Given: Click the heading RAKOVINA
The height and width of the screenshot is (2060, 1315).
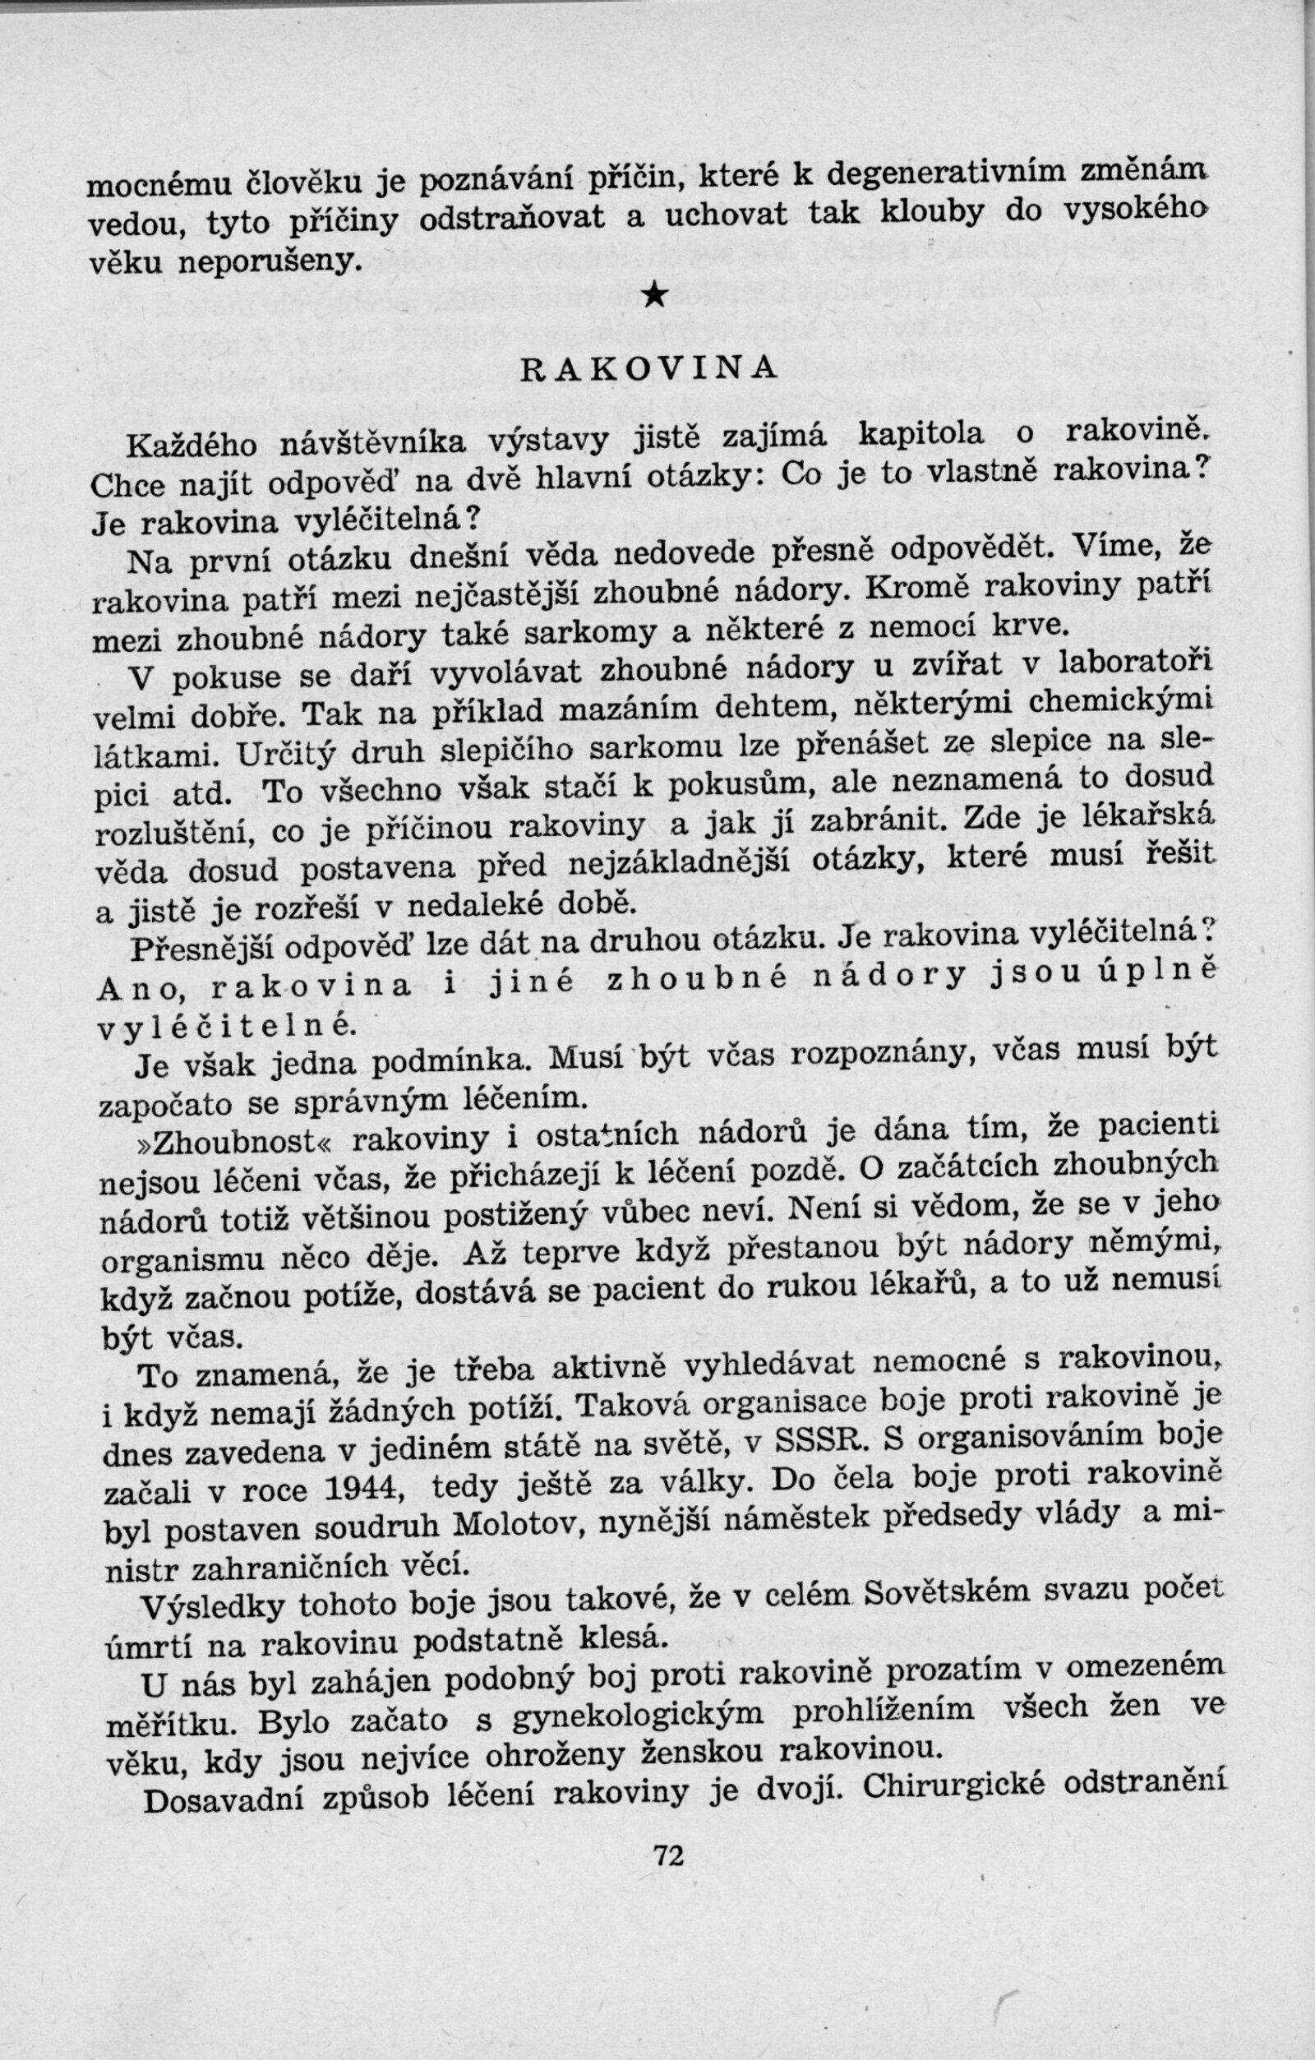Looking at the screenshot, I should point(649,367).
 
